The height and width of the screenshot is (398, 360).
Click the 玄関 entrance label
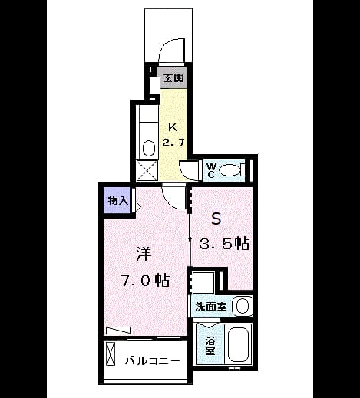click(x=173, y=78)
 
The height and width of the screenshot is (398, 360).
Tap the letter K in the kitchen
click(x=173, y=127)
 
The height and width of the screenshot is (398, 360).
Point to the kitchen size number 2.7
click(x=173, y=142)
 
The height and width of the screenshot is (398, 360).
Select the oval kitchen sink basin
click(x=149, y=148)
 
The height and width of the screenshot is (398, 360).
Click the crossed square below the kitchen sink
click(x=147, y=170)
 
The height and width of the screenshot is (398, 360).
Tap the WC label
click(x=211, y=170)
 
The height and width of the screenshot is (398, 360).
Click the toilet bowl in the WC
click(x=230, y=170)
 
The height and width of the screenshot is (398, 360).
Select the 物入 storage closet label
click(x=117, y=201)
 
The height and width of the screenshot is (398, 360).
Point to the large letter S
click(x=216, y=219)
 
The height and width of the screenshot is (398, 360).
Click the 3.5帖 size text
click(x=224, y=244)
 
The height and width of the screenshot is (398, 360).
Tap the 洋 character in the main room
click(x=144, y=254)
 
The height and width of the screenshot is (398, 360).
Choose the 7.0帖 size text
click(x=145, y=280)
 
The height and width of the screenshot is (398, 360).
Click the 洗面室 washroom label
click(x=211, y=306)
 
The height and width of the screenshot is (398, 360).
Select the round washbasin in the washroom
click(x=242, y=306)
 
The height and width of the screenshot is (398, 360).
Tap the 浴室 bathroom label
click(x=210, y=346)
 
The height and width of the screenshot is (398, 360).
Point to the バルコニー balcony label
click(x=153, y=361)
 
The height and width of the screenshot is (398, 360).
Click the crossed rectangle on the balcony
click(x=111, y=354)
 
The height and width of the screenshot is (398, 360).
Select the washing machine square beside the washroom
click(x=203, y=282)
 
